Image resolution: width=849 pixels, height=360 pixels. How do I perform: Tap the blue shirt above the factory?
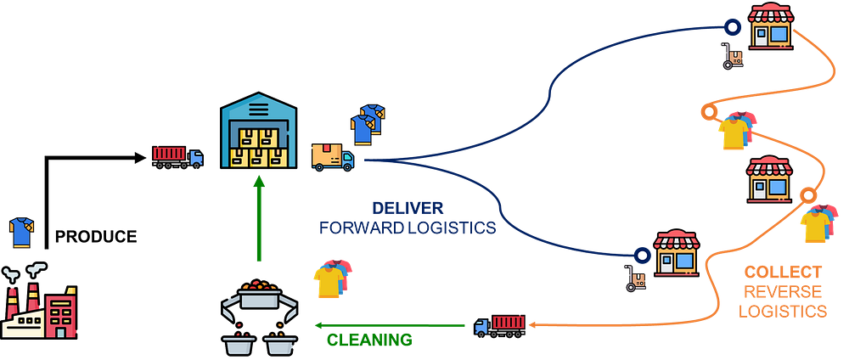point(20,232)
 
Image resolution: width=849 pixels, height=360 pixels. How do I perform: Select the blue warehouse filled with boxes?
point(258,134)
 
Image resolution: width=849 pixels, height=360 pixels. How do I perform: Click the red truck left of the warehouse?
point(177,156)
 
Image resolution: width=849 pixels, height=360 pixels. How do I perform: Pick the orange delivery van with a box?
point(332,156)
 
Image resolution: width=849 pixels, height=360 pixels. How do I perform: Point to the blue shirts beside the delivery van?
point(367,124)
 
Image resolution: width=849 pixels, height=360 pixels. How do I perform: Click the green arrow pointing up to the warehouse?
point(258,217)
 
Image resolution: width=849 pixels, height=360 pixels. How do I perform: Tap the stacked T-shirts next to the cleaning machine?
point(332,277)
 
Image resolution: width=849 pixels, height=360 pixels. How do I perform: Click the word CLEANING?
point(369,340)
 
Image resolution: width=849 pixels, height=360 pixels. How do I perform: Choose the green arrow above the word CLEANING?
point(391,324)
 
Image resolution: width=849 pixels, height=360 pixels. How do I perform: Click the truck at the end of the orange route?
point(500,324)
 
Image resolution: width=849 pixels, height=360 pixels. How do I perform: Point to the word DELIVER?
point(408,208)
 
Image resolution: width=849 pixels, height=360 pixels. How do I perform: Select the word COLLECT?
point(782,273)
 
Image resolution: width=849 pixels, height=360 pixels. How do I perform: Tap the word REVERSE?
point(782,292)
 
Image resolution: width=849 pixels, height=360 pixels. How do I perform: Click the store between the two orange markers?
point(769,177)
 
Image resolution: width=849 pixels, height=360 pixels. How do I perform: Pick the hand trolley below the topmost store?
point(732,57)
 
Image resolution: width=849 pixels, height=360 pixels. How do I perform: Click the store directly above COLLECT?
point(676,250)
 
